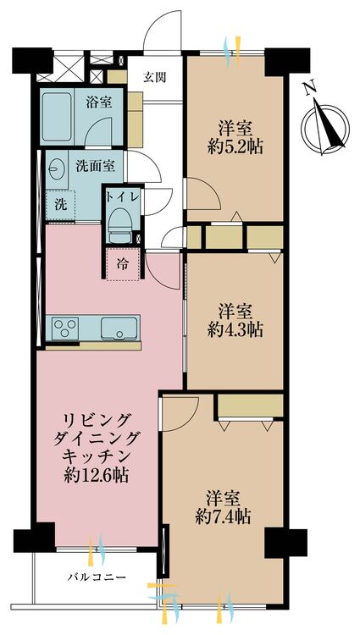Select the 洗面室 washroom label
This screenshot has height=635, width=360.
pos(95,166)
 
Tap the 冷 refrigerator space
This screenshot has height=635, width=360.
pos(122,262)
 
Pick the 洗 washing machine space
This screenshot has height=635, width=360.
pos(61,204)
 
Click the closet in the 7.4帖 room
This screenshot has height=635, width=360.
pos(249,408)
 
